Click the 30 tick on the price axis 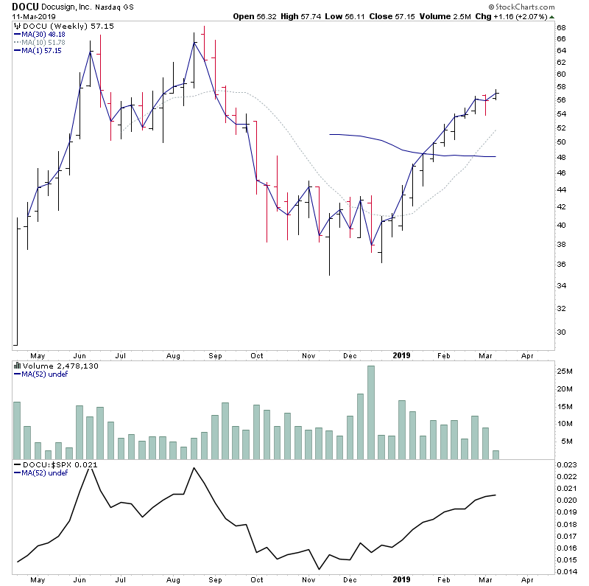[x=560, y=332]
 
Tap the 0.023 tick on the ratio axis [x=565, y=464]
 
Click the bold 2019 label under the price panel [x=401, y=355]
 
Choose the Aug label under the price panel [x=174, y=355]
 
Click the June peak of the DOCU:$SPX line [x=91, y=467]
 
